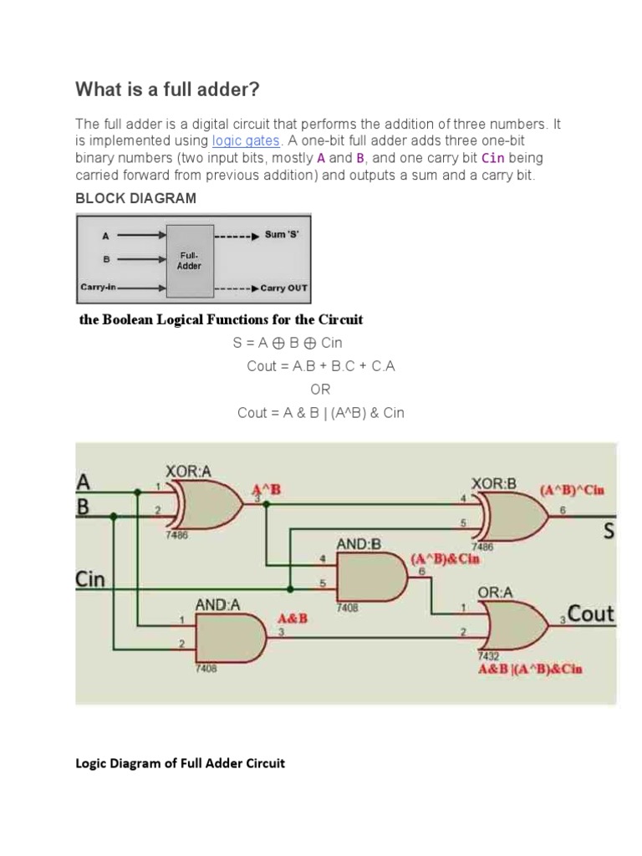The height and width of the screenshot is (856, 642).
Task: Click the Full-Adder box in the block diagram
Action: [189, 260]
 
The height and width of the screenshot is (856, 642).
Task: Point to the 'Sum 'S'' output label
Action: [282, 235]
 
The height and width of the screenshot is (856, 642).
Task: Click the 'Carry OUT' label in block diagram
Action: [284, 288]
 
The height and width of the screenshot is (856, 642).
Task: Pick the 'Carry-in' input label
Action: [99, 288]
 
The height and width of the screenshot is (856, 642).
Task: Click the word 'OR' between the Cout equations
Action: [320, 390]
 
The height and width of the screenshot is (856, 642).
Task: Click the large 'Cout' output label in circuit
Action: [591, 614]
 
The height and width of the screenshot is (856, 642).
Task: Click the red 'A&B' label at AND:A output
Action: [292, 619]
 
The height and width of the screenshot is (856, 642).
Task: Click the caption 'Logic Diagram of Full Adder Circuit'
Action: [181, 763]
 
